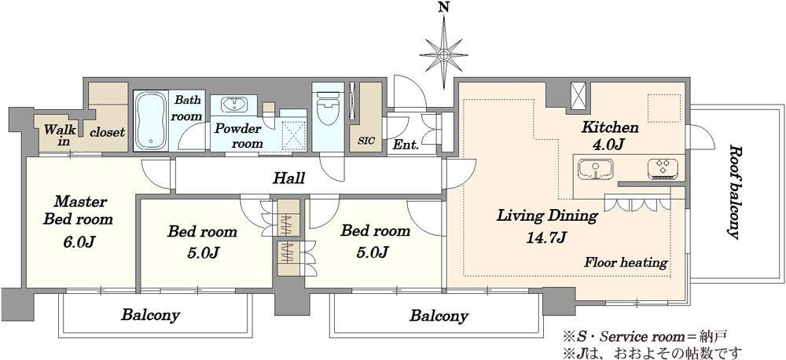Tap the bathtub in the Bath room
[150, 119]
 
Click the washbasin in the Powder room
[233, 106]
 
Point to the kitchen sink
[596, 168]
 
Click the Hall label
[288, 178]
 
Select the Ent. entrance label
[406, 146]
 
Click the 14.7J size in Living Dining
[546, 237]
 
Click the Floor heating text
[626, 263]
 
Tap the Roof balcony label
[733, 192]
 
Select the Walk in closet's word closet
[107, 132]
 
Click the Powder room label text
[238, 136]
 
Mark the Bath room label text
[188, 108]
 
